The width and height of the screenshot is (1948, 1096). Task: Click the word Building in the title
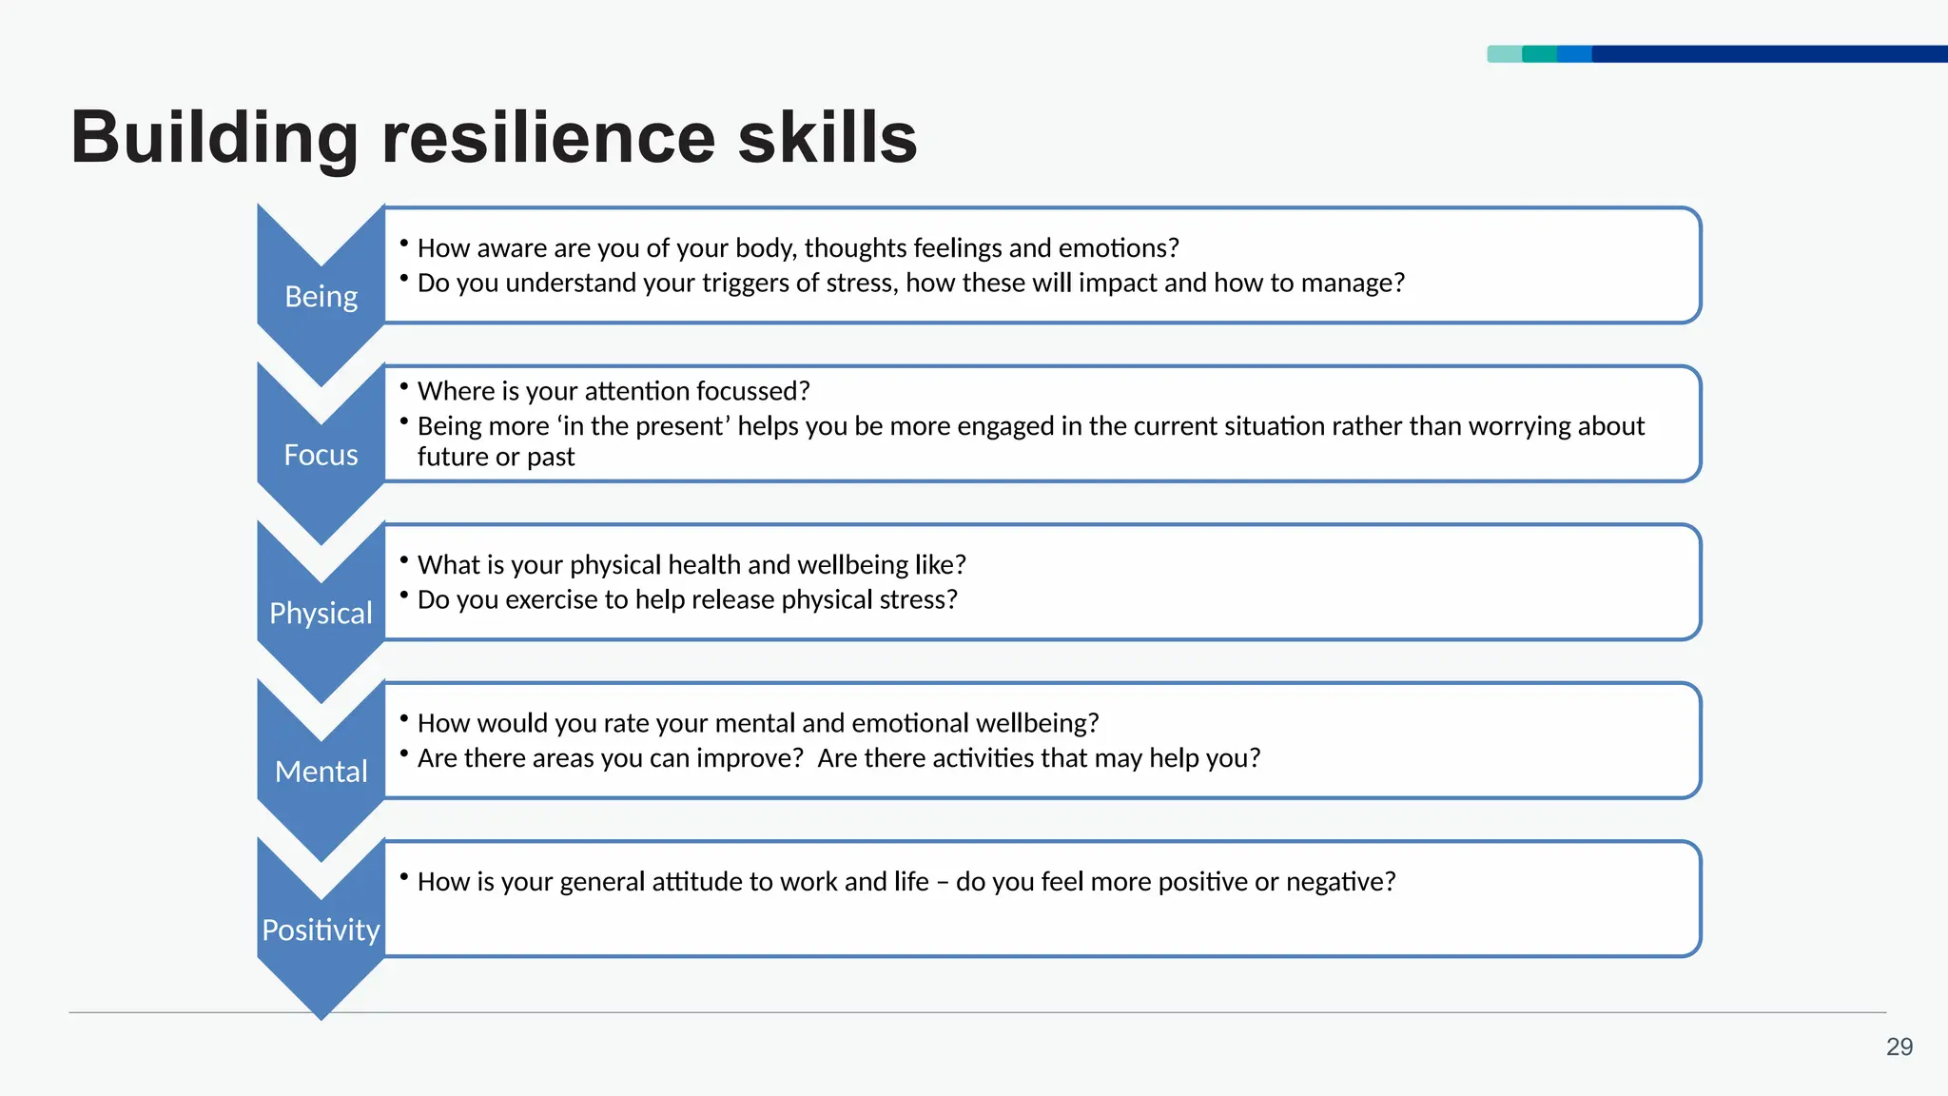tap(214, 138)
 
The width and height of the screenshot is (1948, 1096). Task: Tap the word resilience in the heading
tap(548, 138)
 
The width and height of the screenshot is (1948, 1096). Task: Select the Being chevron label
tap(321, 297)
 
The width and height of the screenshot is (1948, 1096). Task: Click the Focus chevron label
tap(321, 455)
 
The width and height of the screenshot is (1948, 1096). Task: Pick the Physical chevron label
tap(321, 614)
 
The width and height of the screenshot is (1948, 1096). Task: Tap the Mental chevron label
tap(321, 772)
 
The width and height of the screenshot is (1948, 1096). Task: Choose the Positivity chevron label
tap(321, 930)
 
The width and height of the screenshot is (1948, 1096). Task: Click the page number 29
tap(1899, 1047)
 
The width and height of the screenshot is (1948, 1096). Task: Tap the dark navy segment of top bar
tap(1769, 54)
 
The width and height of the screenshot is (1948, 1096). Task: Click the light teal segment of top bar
tap(1504, 54)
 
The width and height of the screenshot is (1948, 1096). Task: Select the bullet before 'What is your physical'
tap(404, 560)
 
